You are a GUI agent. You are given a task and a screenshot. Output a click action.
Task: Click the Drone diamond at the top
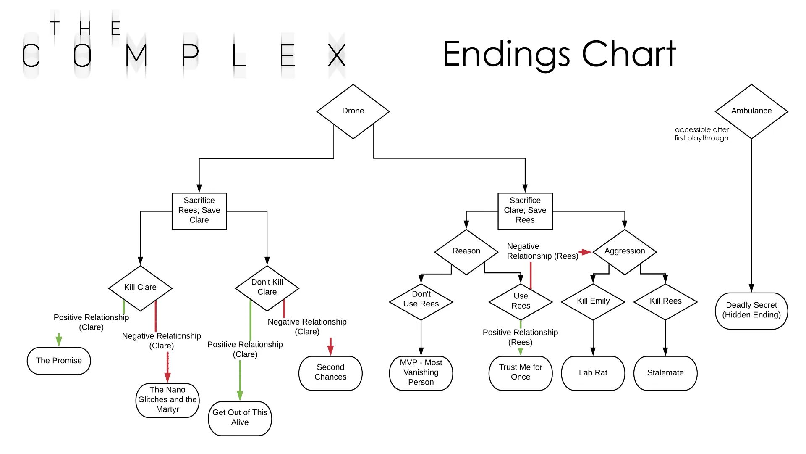tap(353, 111)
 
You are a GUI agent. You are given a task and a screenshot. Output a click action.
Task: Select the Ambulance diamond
tap(751, 111)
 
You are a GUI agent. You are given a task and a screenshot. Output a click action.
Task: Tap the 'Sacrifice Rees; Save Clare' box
tap(199, 211)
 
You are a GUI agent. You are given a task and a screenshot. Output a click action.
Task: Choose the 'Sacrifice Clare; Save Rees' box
tap(525, 211)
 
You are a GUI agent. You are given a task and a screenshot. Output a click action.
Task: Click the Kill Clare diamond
tap(140, 288)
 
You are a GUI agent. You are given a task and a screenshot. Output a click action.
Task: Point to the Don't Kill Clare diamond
tap(267, 288)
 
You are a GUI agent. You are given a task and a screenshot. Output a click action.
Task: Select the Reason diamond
tap(466, 251)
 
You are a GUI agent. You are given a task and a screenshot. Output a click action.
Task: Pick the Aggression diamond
tap(625, 251)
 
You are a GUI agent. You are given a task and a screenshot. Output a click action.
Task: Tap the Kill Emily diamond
tap(593, 301)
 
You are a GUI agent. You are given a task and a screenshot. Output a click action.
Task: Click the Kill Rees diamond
tap(665, 301)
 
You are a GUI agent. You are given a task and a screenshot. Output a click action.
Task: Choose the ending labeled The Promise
tap(59, 361)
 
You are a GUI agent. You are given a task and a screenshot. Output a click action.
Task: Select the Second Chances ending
tap(330, 373)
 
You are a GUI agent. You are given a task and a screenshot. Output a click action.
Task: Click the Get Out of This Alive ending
tap(240, 418)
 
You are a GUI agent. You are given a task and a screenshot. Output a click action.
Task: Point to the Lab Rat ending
tap(593, 373)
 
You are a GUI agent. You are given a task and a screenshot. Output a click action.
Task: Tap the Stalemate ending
tap(665, 373)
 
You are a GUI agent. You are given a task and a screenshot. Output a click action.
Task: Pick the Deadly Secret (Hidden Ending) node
tap(751, 311)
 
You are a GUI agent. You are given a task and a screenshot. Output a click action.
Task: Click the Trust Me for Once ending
tap(521, 373)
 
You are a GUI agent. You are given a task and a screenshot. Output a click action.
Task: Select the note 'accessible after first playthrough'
tap(701, 134)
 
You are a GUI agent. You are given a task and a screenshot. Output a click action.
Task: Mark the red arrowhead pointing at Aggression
tap(587, 252)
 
